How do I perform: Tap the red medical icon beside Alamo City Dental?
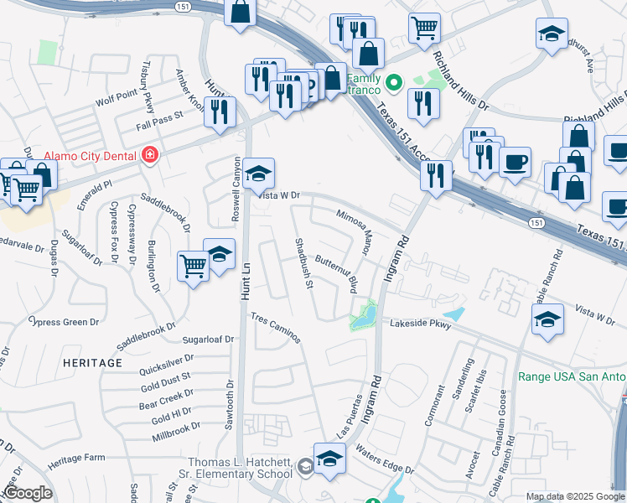click(x=151, y=155)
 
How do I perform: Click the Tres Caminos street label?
click(x=276, y=328)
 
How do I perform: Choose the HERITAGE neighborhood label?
click(x=91, y=362)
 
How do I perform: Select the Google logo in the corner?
click(x=28, y=493)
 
